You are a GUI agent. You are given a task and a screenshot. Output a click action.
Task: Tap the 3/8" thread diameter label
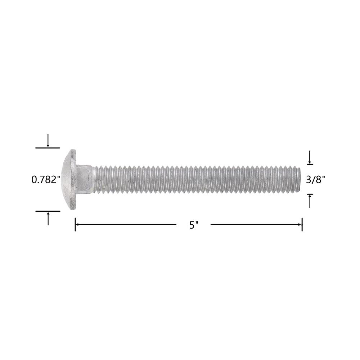pos(315,179)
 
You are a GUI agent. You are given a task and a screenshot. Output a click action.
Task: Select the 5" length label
pos(194,225)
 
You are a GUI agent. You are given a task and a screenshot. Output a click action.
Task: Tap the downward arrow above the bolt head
pos(48,140)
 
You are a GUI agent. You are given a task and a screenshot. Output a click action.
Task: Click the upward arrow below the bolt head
pos(48,219)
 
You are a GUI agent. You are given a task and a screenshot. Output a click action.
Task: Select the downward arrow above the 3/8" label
pos(310,157)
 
